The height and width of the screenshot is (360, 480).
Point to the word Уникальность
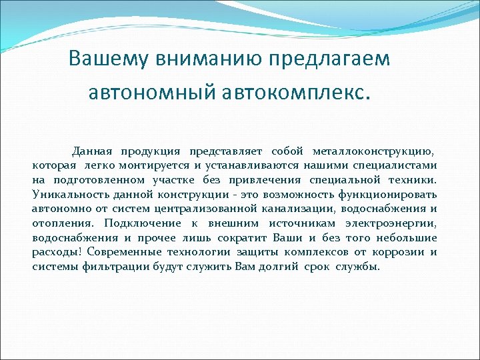click(64, 195)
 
